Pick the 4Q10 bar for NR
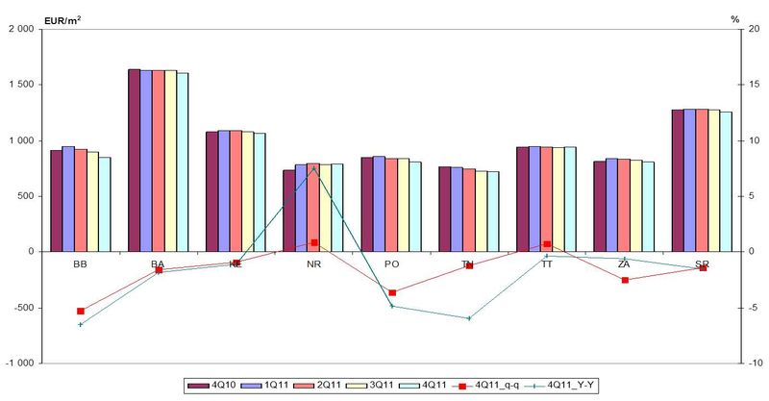pos(288,211)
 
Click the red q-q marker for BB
pos(81,311)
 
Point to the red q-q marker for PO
pos(392,292)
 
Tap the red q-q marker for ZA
pos(625,280)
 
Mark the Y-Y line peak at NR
pos(313,168)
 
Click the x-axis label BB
pos(81,263)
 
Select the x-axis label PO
pos(391,263)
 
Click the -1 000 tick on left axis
pos(20,363)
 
